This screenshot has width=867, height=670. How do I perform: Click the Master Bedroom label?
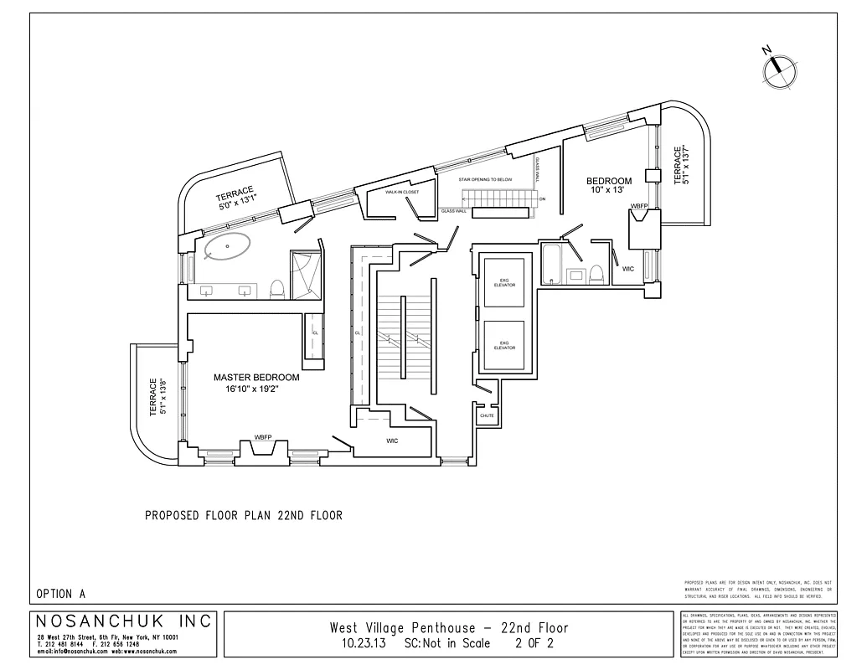point(256,378)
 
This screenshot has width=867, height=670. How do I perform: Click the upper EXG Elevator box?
point(504,283)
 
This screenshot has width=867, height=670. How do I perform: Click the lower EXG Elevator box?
point(504,344)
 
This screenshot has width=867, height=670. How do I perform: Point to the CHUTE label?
point(487,415)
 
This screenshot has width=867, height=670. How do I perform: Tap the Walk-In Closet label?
point(402,192)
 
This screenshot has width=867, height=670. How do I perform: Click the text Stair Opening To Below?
point(485,179)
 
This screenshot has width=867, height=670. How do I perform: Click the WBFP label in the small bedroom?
point(639,205)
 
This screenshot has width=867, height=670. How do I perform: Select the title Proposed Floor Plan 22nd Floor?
point(244,516)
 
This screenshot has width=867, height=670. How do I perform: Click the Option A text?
point(61,594)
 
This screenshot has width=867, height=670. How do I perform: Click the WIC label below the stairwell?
point(392,441)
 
